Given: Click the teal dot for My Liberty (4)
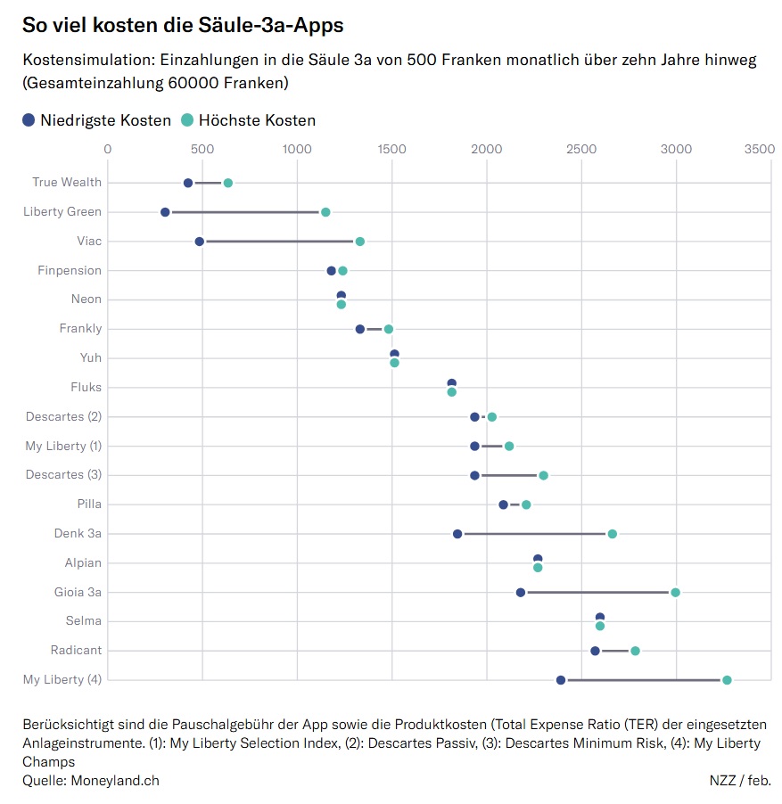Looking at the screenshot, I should point(727,680).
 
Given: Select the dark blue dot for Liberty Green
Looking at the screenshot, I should point(165,212).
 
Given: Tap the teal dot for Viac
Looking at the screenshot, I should point(359,242).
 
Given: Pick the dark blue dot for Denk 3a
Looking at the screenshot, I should point(457,534).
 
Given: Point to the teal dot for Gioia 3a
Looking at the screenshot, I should point(675,593).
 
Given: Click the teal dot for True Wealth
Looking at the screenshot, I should point(227,183).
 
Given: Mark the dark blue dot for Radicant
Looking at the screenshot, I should point(595,651).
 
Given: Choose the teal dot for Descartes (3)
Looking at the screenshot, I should point(543,475).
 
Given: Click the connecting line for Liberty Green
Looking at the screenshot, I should point(245,212).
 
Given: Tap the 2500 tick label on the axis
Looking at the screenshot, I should point(581,149).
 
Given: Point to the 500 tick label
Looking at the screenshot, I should point(202,149).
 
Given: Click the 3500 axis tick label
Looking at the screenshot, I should point(760,149).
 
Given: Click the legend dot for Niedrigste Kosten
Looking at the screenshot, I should point(29,120).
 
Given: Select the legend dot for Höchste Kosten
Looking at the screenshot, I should point(187,120).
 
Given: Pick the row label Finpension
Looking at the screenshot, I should point(70,270).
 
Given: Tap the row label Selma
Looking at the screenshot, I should point(83,620).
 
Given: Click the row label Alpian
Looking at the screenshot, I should point(83,562).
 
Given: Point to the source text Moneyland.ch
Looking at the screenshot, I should point(114,780).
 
